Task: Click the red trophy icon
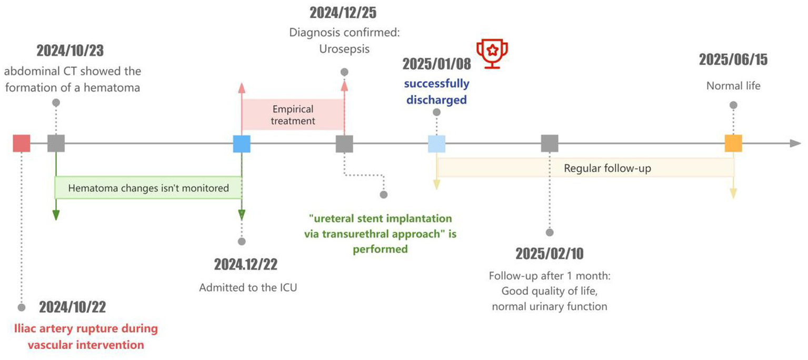click(493, 54)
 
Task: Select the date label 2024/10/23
click(70, 51)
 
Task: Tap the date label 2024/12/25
click(343, 12)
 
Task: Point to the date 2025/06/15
click(733, 59)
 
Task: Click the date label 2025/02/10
click(549, 254)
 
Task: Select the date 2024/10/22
click(73, 307)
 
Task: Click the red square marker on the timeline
click(22, 143)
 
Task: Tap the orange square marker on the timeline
click(733, 143)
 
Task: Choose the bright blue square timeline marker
click(242, 143)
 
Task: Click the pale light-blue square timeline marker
click(436, 143)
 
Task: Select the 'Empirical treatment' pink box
click(293, 115)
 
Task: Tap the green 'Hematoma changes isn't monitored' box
click(148, 188)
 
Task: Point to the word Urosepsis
click(344, 49)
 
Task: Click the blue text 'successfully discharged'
click(436, 92)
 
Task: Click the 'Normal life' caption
click(733, 85)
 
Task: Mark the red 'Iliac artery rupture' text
click(85, 337)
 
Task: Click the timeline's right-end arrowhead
click(795, 143)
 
